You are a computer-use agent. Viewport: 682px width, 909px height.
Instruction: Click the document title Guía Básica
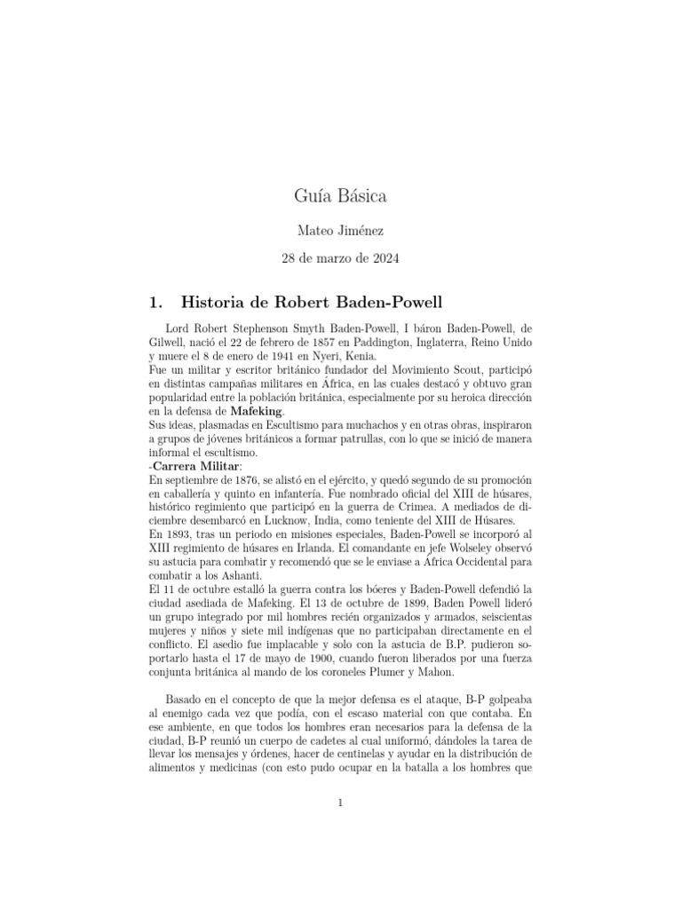[340, 195]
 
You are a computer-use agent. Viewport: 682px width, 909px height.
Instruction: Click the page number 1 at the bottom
[340, 803]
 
